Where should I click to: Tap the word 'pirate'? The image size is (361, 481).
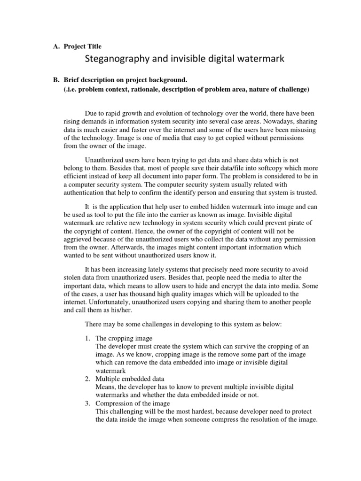tap(296, 222)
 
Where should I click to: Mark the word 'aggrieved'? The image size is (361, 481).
tap(78, 239)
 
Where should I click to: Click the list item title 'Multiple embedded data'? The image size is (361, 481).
tap(127, 378)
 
